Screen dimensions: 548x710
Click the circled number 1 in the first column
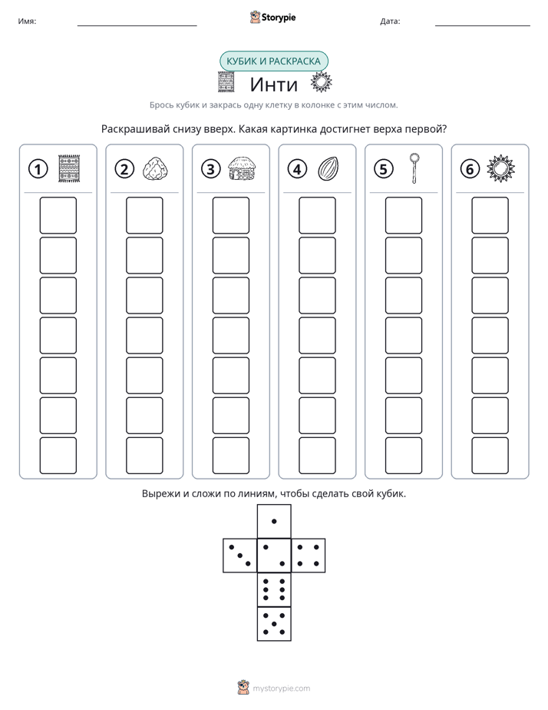pos(38,169)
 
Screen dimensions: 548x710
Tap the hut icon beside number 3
pos(242,168)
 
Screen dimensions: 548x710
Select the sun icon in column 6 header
pos(500,168)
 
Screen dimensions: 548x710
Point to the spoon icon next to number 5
pos(414,168)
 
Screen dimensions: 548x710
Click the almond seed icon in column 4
pos(328,168)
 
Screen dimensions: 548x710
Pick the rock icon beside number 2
pos(155,168)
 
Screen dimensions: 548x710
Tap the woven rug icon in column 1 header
pos(69,168)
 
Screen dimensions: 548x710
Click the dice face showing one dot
pos(274,521)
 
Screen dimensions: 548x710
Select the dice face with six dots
pos(274,589)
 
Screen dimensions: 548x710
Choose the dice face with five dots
pos(274,623)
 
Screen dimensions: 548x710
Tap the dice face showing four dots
pos(309,556)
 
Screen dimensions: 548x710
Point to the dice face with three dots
pos(240,556)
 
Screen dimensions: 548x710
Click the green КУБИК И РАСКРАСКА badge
pos(273,61)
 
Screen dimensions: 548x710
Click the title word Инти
pos(273,85)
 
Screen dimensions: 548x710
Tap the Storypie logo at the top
pos(272,18)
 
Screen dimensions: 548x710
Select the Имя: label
pos(27,22)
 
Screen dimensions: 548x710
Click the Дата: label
pos(390,22)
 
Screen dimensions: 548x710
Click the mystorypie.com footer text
pos(281,688)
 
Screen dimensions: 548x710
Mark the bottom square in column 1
pos(58,456)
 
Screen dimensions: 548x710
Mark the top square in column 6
pos(490,215)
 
